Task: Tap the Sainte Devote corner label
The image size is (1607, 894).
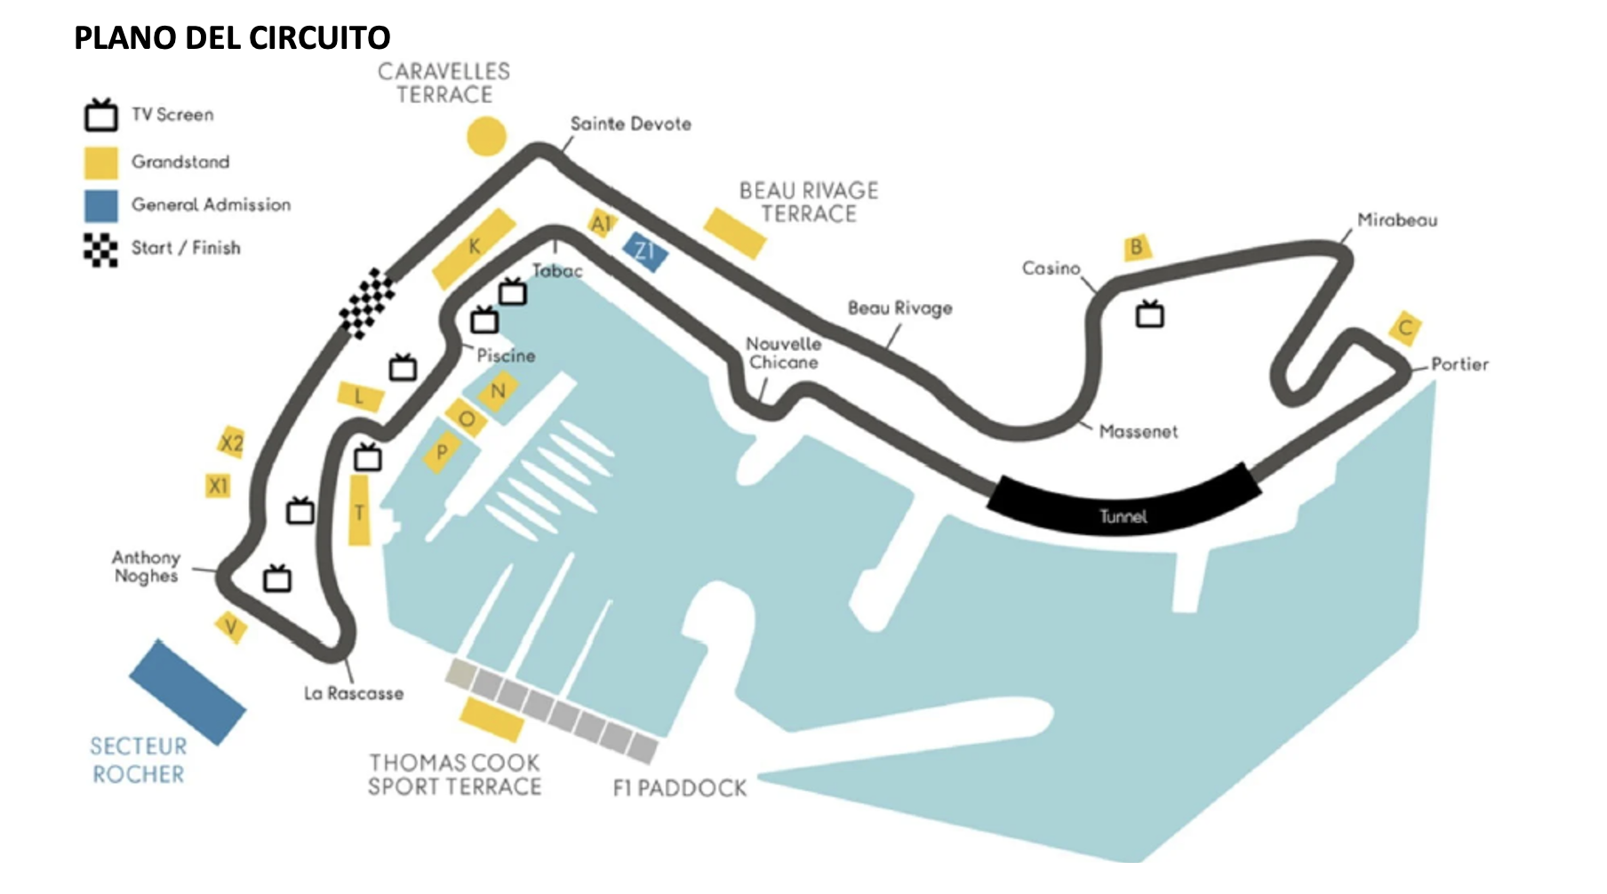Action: (x=630, y=124)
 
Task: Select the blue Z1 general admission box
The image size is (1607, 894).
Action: (x=645, y=251)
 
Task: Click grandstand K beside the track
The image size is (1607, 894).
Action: (x=475, y=248)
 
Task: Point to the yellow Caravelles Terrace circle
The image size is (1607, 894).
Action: (x=486, y=136)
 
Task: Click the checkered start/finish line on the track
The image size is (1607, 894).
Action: (x=368, y=303)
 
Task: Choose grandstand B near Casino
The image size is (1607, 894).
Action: (x=1135, y=247)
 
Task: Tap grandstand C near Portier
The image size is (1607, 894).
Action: (x=1404, y=328)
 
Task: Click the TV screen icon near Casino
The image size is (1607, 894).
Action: (x=1149, y=315)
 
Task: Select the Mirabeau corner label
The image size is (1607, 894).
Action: (x=1396, y=220)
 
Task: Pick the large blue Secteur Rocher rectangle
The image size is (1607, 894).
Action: (x=187, y=692)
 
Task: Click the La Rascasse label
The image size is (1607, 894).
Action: (x=354, y=693)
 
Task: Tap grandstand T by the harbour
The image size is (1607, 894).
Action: (x=359, y=511)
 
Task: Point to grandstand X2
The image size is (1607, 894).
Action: (x=231, y=442)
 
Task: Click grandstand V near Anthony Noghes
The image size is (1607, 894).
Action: (x=231, y=627)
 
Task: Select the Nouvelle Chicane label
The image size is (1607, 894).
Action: (x=783, y=353)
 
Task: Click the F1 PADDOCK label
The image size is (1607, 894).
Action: (x=680, y=788)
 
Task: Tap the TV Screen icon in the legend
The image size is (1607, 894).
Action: (x=101, y=116)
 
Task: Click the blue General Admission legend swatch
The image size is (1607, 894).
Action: (x=101, y=205)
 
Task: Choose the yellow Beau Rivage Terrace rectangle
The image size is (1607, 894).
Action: (x=735, y=233)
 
